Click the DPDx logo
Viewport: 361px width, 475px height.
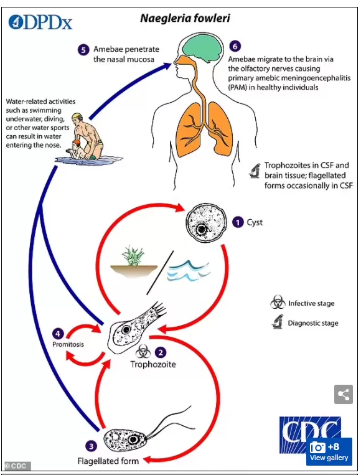(x=40, y=22)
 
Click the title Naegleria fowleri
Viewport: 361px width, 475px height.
(x=185, y=18)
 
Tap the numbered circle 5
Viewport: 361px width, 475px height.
(x=83, y=50)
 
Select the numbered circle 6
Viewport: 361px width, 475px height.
(x=235, y=46)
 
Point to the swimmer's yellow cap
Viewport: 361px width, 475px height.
(x=77, y=116)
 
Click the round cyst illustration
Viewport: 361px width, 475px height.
(x=206, y=223)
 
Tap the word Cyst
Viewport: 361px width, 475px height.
(x=255, y=223)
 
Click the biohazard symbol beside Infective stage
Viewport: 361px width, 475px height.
(x=278, y=302)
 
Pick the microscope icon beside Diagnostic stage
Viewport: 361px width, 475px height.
(x=278, y=322)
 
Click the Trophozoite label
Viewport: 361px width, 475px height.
(x=153, y=364)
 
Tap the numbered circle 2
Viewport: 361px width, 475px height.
(x=161, y=352)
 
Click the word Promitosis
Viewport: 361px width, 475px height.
(x=68, y=344)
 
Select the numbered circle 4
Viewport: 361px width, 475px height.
(x=58, y=334)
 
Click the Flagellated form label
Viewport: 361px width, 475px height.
(x=108, y=461)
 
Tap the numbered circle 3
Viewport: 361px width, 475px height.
(x=91, y=446)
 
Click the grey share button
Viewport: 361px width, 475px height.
(x=344, y=395)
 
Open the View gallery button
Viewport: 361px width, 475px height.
(x=329, y=451)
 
